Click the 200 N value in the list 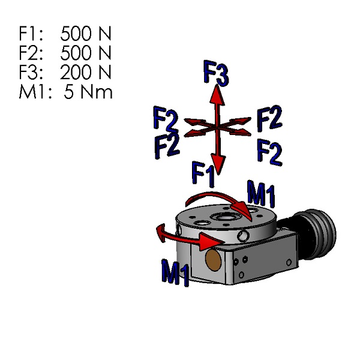tap(86, 73)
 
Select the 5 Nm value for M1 tap(88, 92)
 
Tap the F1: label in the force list tap(31, 33)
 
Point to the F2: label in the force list tap(31, 53)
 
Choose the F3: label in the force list tap(31, 73)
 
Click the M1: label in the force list tap(34, 92)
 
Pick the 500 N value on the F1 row tap(86, 33)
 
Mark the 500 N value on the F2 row tap(86, 53)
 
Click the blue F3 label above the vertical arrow tap(216, 73)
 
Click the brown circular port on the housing tap(213, 259)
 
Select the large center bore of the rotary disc tap(227, 217)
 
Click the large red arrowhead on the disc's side tap(210, 241)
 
